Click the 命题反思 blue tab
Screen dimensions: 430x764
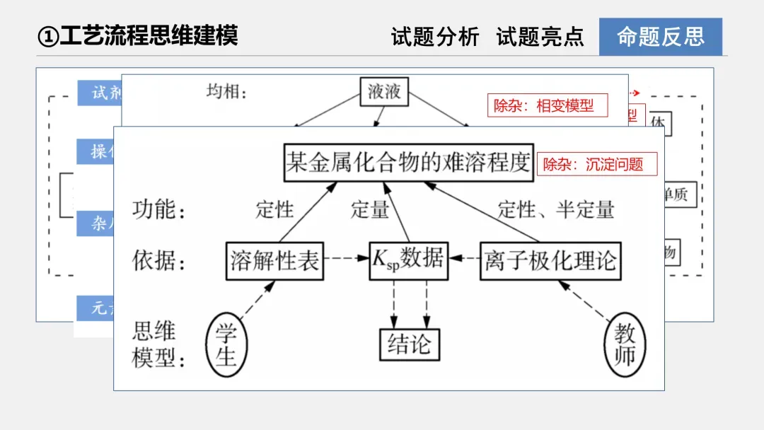[x=660, y=37]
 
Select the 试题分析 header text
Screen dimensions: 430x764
[x=435, y=37]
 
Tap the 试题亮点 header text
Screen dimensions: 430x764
[x=540, y=37]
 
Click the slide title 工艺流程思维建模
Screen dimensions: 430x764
[x=139, y=35]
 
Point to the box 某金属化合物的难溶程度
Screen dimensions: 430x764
[x=408, y=163]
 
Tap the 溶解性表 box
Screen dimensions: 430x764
[x=274, y=261]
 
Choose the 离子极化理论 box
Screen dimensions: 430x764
[x=550, y=261]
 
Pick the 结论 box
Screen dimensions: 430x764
[x=409, y=345]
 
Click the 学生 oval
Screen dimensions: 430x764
[x=226, y=345]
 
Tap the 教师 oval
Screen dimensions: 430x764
[x=625, y=345]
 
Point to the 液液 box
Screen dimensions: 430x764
[x=384, y=91]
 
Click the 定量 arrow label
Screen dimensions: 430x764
[x=370, y=209]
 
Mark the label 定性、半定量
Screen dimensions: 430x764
[x=556, y=209]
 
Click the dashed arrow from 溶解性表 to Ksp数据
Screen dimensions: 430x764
[x=347, y=258]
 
